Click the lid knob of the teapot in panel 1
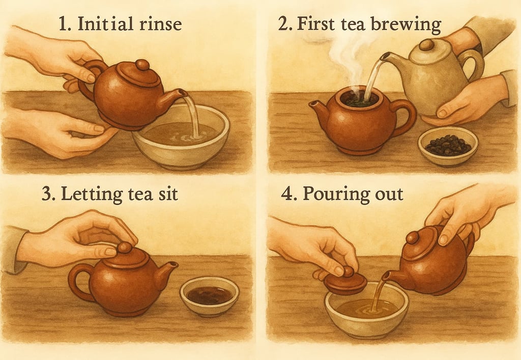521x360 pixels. (142, 65)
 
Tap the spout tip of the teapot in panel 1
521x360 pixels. (184, 93)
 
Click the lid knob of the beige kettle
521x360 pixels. (426, 45)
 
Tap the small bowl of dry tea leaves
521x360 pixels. (448, 146)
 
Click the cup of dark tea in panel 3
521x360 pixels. (209, 296)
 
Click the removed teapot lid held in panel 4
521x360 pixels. (345, 282)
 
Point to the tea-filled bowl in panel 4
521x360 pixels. (367, 309)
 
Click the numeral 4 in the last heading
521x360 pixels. (287, 194)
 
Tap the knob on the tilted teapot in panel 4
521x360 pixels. (412, 237)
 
